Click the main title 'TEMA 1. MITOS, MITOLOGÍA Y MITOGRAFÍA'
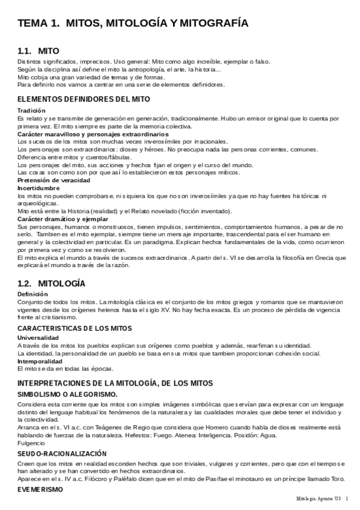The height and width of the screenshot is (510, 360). click(x=133, y=23)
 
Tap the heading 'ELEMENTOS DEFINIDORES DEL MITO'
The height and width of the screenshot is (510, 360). click(x=84, y=99)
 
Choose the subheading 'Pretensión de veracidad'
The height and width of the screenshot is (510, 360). click(x=54, y=180)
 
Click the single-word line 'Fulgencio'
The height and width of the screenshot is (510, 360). click(x=31, y=443)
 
